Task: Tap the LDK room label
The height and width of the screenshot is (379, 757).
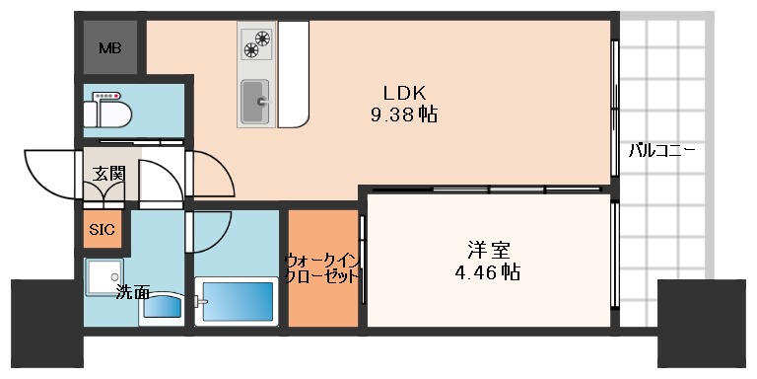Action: (403, 93)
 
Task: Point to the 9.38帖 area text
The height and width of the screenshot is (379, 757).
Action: (403, 114)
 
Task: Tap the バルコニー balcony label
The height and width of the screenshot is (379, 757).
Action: (661, 152)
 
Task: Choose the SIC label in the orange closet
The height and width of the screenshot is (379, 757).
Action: (102, 230)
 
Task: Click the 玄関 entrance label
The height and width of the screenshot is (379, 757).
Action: (108, 175)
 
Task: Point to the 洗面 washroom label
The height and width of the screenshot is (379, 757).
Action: (132, 292)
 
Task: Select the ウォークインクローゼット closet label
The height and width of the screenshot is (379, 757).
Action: (322, 268)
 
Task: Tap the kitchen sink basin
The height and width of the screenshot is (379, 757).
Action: (257, 100)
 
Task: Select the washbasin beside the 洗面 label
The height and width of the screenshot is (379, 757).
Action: (160, 307)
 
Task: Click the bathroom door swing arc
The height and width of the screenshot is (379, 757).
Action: (209, 229)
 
